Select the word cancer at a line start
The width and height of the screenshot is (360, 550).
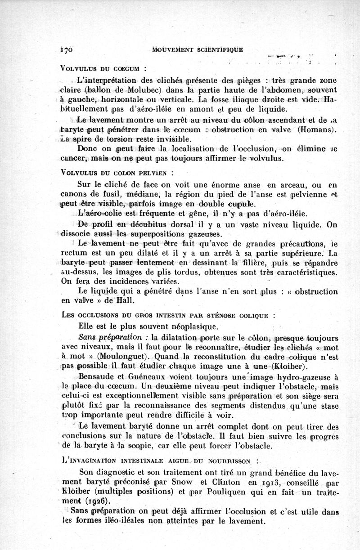(x=73, y=159)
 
